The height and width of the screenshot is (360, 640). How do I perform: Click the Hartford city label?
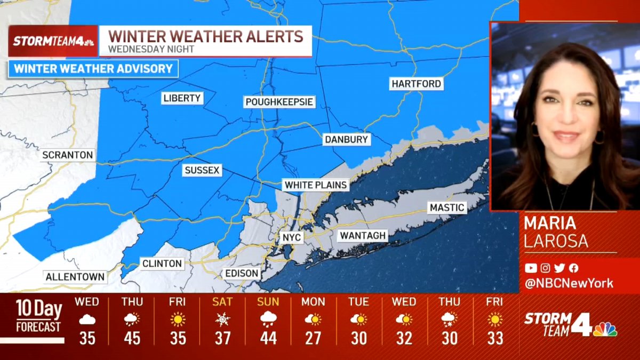(x=416, y=84)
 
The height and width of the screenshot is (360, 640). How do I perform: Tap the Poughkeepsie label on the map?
(x=279, y=102)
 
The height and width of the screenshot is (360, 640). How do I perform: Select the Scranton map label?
(x=68, y=155)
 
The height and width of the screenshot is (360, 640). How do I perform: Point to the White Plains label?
(x=316, y=185)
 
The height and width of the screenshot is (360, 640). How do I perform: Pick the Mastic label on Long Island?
(x=447, y=207)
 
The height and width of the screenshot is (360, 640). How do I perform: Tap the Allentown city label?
(x=75, y=277)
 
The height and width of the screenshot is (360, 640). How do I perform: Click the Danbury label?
(x=346, y=140)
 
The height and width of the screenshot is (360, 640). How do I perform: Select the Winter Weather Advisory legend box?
(x=93, y=69)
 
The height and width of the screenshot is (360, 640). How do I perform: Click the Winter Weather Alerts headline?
(x=206, y=37)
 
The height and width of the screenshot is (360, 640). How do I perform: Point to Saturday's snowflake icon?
(x=222, y=319)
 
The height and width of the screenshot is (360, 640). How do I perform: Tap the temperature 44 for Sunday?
(x=268, y=338)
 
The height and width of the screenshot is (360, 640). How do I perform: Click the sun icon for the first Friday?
(x=178, y=319)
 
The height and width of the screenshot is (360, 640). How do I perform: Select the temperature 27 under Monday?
(x=313, y=338)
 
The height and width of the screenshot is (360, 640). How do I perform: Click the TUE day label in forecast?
(x=358, y=302)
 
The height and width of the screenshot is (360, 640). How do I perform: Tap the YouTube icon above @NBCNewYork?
(x=531, y=268)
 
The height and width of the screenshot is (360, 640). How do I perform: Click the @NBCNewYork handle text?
(x=569, y=283)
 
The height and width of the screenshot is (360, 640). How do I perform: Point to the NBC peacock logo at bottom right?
(x=605, y=329)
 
